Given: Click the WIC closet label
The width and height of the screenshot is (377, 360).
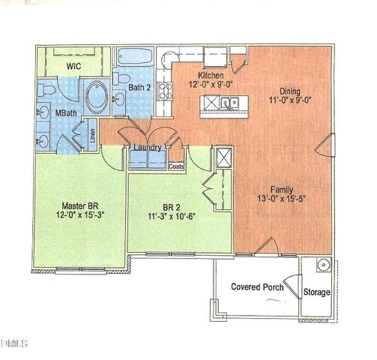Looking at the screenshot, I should pos(73,66).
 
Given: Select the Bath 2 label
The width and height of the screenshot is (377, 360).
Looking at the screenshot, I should pos(140,88).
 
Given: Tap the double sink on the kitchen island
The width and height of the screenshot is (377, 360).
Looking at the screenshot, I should pos(229,104).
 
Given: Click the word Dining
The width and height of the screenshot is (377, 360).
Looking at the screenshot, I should pos(285,86).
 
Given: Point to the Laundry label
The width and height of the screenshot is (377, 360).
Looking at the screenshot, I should pos(147,148).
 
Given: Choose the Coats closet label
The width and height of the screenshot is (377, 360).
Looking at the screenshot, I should pos(177,166).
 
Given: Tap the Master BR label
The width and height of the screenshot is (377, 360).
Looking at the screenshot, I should pos(79,205).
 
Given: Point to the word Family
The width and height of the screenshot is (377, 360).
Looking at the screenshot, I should pos(282,190).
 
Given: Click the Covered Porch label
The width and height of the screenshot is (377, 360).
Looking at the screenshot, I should pos(256,286).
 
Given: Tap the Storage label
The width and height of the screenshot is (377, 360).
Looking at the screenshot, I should pos(316,292).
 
